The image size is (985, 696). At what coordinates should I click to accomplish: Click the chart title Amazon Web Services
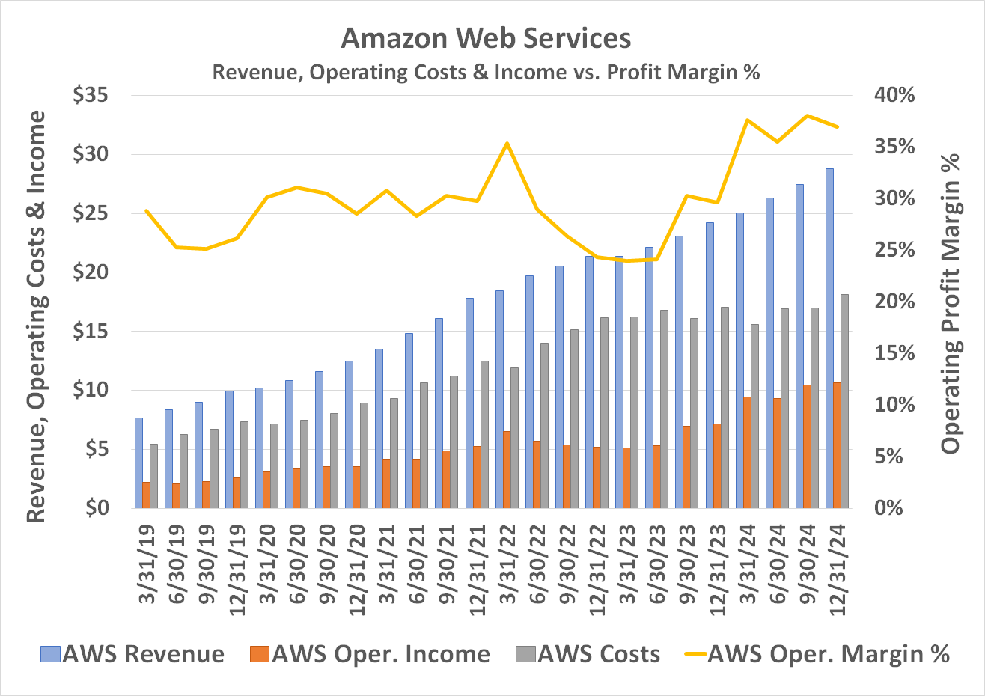point(486,38)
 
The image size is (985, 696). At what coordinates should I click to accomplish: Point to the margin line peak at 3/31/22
point(507,143)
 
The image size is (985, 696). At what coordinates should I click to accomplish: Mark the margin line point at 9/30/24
point(807,116)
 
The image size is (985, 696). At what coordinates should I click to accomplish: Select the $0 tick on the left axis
point(100,508)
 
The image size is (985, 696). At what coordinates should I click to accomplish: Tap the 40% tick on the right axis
point(896,96)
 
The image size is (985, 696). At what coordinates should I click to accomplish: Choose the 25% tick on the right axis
point(896,250)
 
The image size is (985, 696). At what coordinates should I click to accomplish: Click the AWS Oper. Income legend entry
point(370,654)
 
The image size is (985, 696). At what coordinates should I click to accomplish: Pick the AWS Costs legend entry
point(588,654)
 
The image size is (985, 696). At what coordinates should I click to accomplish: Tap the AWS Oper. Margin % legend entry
point(818,654)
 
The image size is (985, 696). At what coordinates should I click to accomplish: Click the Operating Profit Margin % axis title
point(951,303)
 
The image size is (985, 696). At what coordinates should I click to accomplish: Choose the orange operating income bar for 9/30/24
point(807,446)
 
